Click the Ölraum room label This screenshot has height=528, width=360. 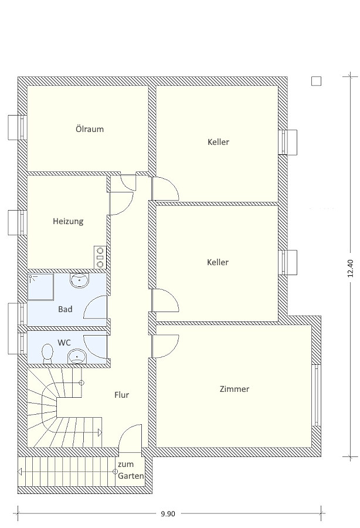(x=90, y=129)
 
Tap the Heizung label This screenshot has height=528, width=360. (x=68, y=222)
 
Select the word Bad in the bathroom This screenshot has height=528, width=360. (x=65, y=309)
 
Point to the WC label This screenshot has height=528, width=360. (x=64, y=343)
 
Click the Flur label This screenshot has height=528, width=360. (x=121, y=395)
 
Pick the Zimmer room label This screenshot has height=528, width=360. (x=234, y=389)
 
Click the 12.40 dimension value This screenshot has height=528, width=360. (x=351, y=268)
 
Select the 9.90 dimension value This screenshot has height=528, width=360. (x=168, y=514)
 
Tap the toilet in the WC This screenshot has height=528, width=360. (x=47, y=354)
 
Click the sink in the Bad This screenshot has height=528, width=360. (x=79, y=280)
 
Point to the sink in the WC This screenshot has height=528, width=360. (x=77, y=357)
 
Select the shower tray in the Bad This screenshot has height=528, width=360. (x=40, y=287)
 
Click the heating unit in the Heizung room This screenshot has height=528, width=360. (x=100, y=258)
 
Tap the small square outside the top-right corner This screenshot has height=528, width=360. (x=316, y=81)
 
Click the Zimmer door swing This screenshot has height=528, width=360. (x=165, y=346)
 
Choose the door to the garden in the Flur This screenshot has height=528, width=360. (x=130, y=436)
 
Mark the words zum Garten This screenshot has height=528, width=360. (x=131, y=470)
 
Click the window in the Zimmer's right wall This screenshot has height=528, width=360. (x=316, y=395)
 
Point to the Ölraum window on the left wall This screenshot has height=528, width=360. (x=18, y=128)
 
